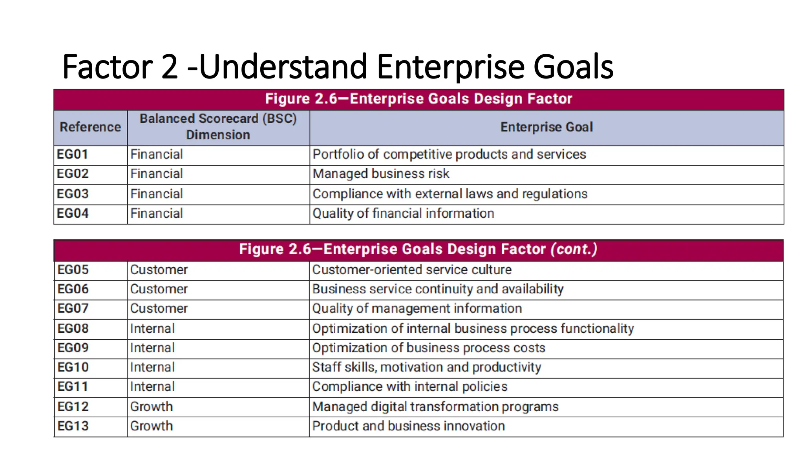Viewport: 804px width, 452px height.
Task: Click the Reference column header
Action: (90, 127)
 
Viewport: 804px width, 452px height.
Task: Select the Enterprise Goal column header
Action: (546, 127)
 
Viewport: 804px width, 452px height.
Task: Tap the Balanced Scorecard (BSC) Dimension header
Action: (218, 127)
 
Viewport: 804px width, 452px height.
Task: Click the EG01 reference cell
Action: (73, 155)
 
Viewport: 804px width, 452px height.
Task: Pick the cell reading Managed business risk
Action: (381, 174)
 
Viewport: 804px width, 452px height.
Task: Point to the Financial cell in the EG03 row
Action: (157, 194)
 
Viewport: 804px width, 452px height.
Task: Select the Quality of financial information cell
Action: (403, 213)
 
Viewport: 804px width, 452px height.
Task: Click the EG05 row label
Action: (73, 270)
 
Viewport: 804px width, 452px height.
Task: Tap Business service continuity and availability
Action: (438, 289)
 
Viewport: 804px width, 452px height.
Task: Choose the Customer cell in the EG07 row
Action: (159, 308)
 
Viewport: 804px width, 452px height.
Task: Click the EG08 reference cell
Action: (73, 328)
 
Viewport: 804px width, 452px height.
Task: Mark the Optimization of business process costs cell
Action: (429, 348)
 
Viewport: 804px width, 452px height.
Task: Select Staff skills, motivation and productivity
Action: (427, 367)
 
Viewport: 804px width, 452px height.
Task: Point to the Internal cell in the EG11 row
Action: (152, 387)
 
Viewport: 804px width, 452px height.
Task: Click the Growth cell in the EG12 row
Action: (152, 407)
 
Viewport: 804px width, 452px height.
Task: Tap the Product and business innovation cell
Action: (408, 426)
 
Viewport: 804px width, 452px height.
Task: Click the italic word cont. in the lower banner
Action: (574, 249)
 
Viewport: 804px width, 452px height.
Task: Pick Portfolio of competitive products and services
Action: (449, 155)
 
